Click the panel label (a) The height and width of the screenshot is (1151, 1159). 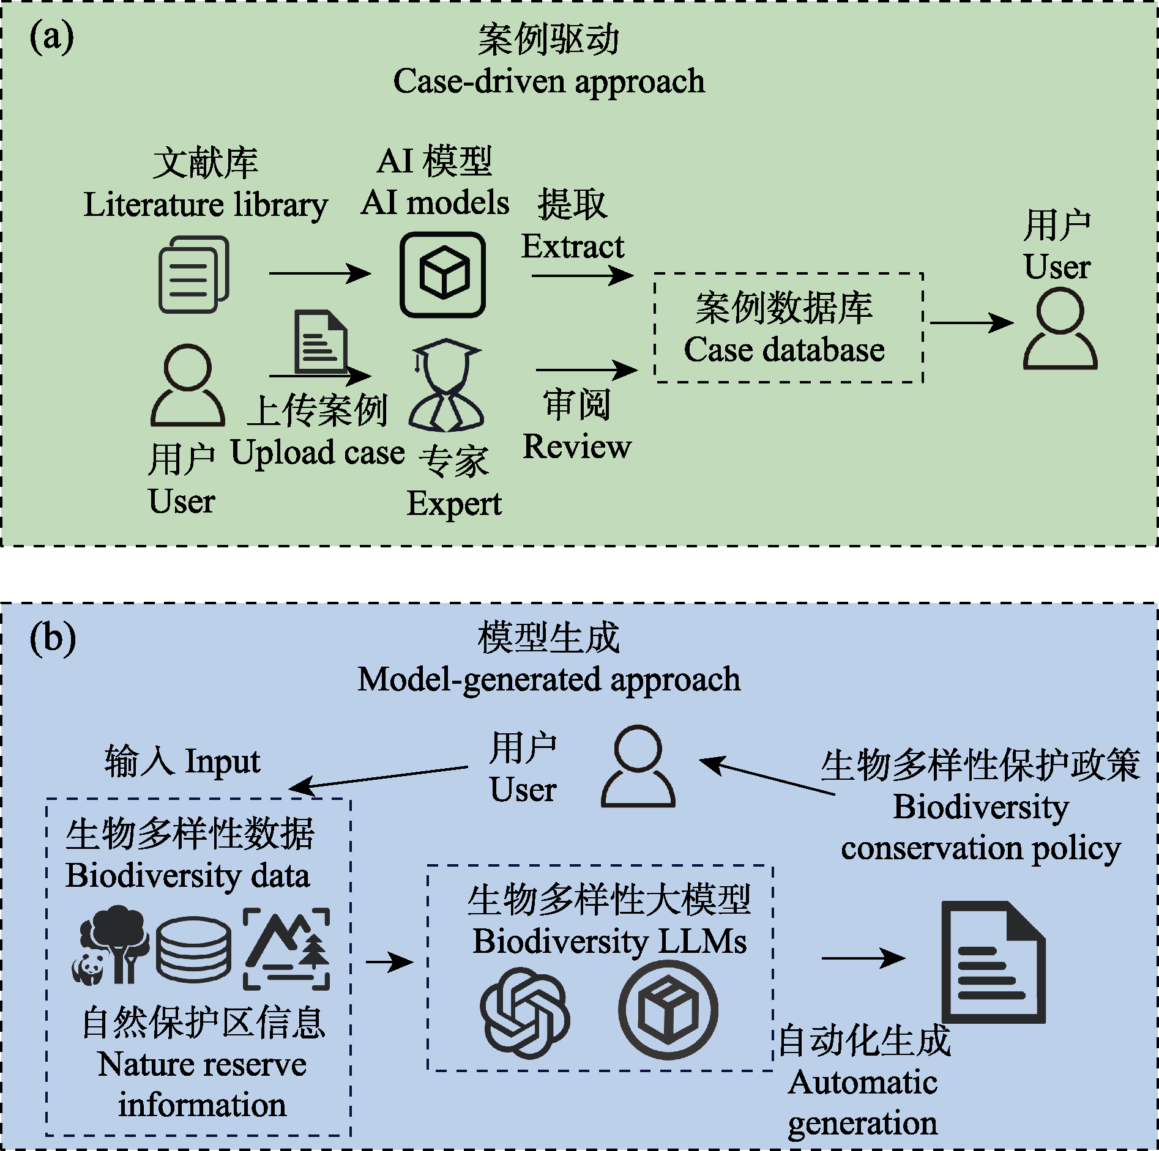[x=52, y=38]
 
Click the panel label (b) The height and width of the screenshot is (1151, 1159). [x=53, y=639]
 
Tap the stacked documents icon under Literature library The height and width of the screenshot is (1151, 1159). [x=193, y=275]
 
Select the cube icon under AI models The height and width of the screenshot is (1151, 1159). [x=442, y=275]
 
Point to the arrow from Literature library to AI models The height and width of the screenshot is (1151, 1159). [x=319, y=273]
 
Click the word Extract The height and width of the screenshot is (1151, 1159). [x=573, y=246]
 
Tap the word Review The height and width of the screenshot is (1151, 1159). [x=576, y=446]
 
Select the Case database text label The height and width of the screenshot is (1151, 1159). [x=784, y=350]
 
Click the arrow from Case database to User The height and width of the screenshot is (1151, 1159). [x=971, y=323]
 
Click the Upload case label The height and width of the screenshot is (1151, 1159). [x=318, y=453]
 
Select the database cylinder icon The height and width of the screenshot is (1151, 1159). [x=193, y=949]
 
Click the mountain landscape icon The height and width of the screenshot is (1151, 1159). [x=286, y=949]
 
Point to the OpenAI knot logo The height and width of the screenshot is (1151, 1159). [x=524, y=1013]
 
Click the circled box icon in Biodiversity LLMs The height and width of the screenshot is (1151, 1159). [x=668, y=1010]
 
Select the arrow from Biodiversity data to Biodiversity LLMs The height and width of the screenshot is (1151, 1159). [x=389, y=962]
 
